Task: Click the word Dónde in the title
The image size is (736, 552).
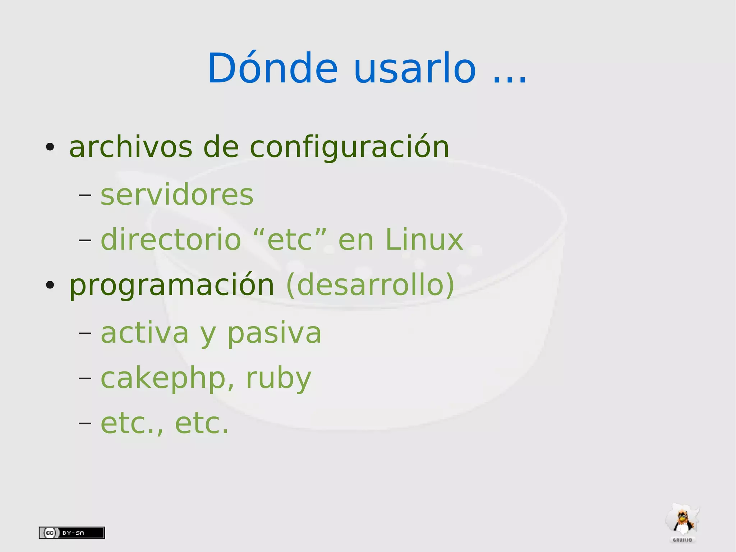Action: [272, 68]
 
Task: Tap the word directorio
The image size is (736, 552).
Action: [171, 239]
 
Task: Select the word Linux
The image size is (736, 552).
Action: [424, 239]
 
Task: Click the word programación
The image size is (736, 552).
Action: [172, 286]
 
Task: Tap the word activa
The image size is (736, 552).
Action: [144, 333]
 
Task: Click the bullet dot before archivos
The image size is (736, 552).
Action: [50, 147]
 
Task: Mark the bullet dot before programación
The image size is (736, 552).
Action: [50, 285]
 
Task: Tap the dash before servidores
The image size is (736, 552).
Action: [85, 195]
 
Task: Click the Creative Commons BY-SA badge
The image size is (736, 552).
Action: [72, 533]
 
